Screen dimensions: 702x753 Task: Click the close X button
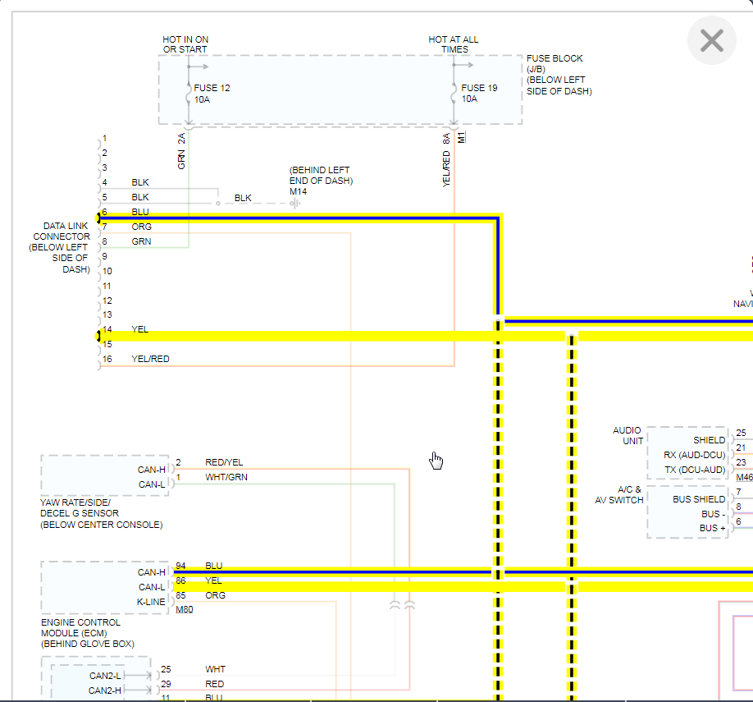click(711, 40)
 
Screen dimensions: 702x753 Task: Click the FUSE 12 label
click(212, 88)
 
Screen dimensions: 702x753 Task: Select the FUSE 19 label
click(479, 88)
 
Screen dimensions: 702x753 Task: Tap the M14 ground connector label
click(298, 191)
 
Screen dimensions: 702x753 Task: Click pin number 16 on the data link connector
click(107, 360)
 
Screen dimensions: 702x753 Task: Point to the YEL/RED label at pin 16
click(150, 360)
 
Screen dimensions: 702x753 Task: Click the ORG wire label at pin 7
click(141, 227)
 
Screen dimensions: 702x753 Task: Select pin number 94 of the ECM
click(180, 566)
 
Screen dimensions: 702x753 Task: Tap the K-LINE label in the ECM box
click(151, 602)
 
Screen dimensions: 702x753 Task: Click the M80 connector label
click(185, 610)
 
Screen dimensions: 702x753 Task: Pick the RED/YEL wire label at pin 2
click(224, 462)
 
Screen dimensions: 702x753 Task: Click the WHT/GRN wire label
click(226, 477)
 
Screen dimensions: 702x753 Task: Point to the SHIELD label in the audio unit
click(709, 440)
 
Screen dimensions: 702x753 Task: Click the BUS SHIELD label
click(699, 499)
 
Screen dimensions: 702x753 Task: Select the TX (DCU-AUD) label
click(695, 470)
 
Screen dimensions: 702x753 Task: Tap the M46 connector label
click(744, 477)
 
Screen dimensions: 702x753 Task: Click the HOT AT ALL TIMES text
click(453, 44)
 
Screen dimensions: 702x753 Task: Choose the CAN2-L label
click(106, 676)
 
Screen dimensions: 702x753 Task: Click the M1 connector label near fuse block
click(461, 137)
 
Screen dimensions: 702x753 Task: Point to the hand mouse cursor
click(436, 461)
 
